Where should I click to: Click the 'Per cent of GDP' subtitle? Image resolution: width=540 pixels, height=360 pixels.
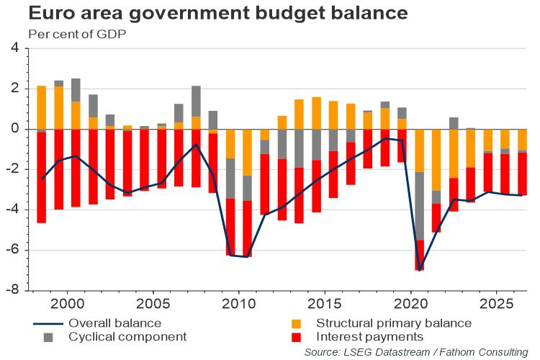click(72, 33)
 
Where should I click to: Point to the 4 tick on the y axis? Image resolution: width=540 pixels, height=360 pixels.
click(14, 48)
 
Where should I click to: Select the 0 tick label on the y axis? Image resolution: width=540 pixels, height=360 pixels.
click(14, 130)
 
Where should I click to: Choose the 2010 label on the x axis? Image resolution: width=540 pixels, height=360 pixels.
click(239, 303)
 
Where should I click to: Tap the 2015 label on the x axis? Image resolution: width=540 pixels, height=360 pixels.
click(325, 303)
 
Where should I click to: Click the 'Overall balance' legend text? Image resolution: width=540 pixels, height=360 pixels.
click(115, 323)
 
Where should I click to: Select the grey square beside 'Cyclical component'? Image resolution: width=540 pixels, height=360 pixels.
click(48, 337)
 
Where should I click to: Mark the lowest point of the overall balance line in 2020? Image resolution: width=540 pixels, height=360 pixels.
click(419, 270)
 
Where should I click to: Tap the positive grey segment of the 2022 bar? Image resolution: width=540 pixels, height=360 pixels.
click(454, 123)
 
